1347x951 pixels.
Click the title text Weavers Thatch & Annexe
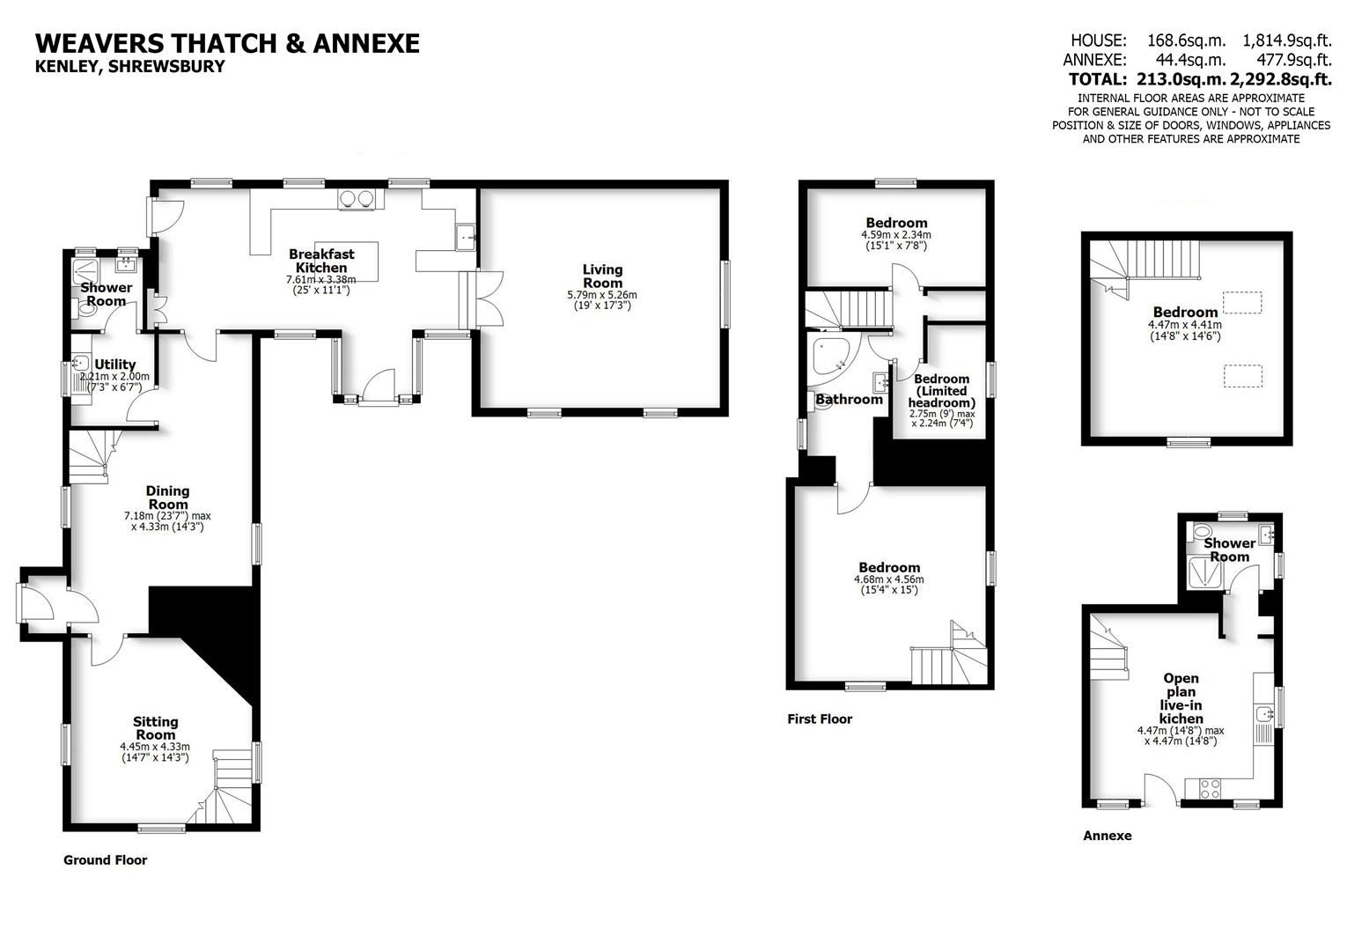coord(227,43)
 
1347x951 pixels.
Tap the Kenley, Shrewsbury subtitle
coord(129,67)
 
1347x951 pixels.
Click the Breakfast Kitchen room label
coord(321,261)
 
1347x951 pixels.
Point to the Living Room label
coord(602,276)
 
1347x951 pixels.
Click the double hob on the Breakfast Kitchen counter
coord(357,198)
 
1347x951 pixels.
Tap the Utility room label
coord(115,365)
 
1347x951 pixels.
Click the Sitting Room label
coord(155,728)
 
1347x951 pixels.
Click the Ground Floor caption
coord(105,860)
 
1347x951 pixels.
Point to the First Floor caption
coord(820,719)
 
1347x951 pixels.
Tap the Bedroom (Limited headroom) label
coord(941,391)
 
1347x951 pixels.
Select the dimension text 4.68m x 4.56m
coord(889,579)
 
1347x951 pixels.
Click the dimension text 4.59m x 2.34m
coord(895,235)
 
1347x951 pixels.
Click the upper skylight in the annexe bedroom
coord(1242,302)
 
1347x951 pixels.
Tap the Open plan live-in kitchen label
coord(1181,698)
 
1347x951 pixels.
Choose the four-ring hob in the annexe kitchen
coord(1210,788)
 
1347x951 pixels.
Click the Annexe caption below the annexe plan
coord(1107,836)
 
